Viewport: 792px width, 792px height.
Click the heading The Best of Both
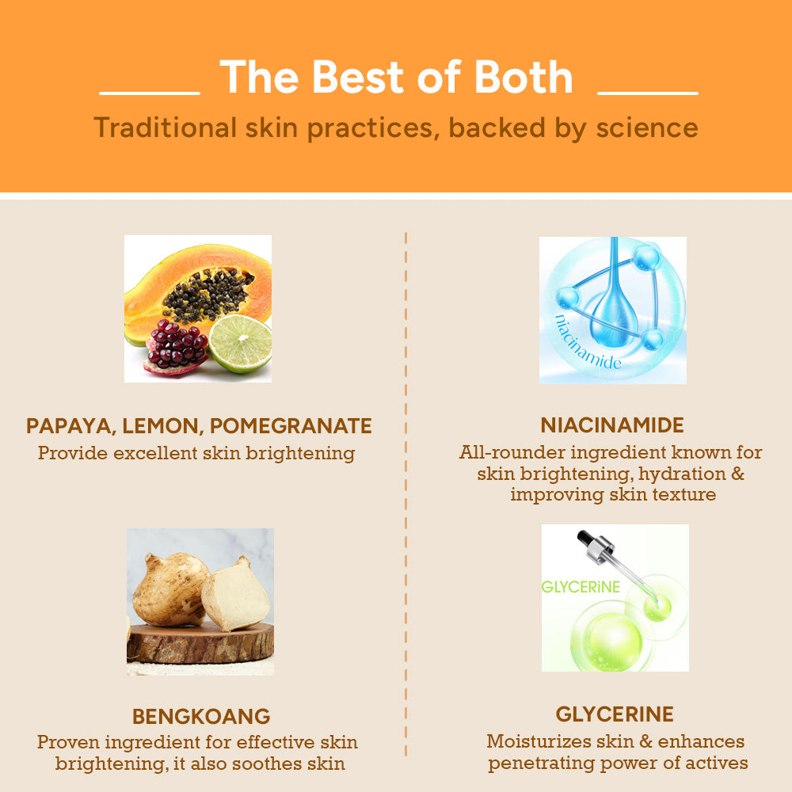[396, 77]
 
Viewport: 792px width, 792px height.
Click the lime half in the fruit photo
[241, 343]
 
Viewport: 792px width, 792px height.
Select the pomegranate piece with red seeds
[176, 346]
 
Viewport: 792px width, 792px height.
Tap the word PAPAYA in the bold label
[69, 426]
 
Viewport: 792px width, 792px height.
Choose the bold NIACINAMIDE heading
[612, 425]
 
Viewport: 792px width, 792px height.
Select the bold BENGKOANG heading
[201, 717]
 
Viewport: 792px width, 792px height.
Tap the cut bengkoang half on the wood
[234, 595]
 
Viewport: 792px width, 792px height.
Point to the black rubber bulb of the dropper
[587, 538]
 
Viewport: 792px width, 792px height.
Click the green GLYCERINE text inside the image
[581, 587]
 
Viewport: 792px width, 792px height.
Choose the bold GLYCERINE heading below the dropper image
[615, 714]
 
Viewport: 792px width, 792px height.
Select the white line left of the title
[150, 93]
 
